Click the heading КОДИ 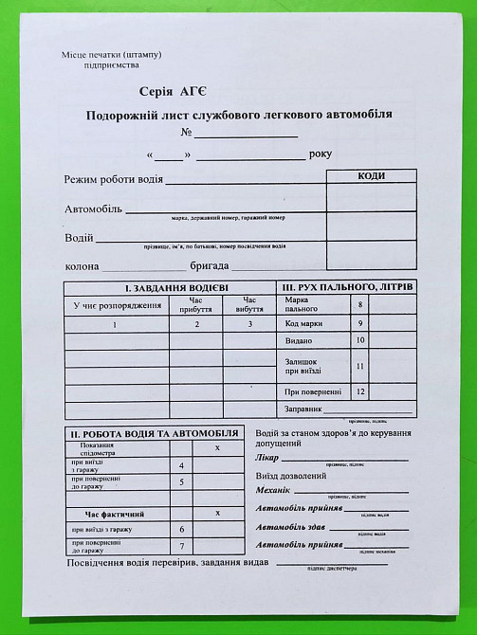[x=371, y=176]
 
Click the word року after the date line [x=321, y=154]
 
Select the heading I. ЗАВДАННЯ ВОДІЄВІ [x=170, y=287]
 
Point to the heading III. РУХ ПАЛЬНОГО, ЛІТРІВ [x=347, y=286]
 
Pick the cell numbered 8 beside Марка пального [x=359, y=304]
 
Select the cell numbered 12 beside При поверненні [x=359, y=390]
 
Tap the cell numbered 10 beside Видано [x=359, y=339]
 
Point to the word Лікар [x=268, y=457]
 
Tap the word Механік [x=274, y=490]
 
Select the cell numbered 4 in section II [x=181, y=465]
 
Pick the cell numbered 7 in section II [x=181, y=547]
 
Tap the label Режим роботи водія [x=114, y=179]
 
